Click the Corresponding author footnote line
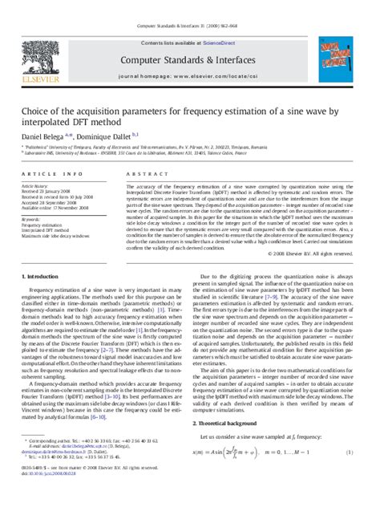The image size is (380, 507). point(80,463)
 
